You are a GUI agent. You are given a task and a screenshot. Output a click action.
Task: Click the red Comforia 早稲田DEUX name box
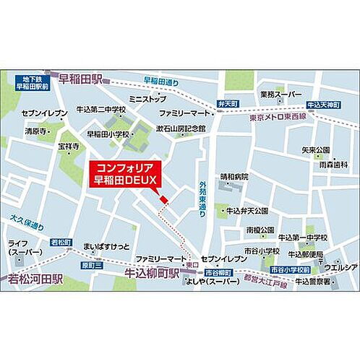(125, 174)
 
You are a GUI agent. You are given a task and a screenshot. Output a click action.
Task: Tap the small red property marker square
(163, 199)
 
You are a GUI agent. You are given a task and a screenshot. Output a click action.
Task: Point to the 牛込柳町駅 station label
(153, 274)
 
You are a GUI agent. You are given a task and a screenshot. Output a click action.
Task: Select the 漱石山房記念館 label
(181, 128)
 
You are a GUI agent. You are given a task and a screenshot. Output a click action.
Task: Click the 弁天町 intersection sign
(228, 104)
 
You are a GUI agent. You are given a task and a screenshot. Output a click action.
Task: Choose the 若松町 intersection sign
(61, 241)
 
